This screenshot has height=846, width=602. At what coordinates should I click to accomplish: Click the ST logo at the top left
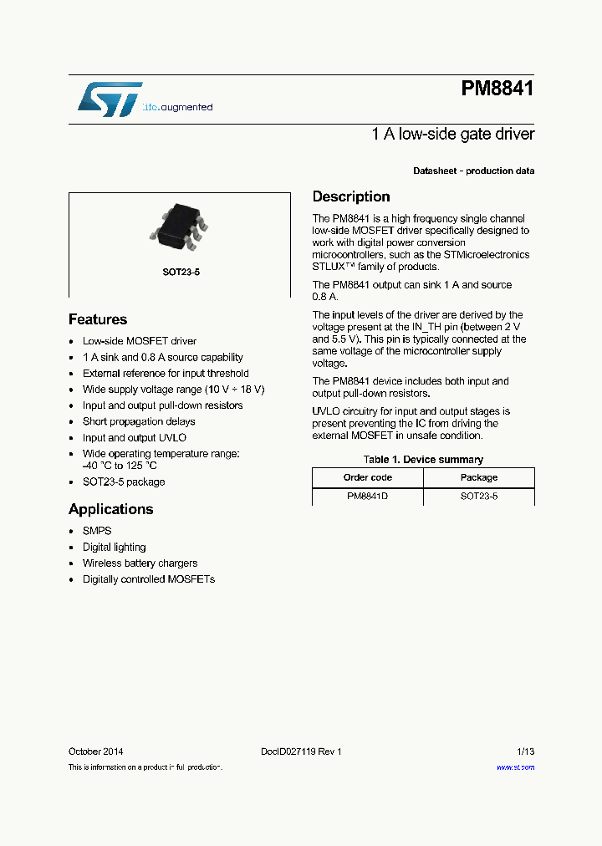pos(110,99)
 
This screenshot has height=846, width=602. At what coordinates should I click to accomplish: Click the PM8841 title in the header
pos(497,89)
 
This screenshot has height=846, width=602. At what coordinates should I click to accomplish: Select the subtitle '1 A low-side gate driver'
pos(452,134)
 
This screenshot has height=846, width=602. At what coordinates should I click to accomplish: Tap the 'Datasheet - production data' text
pos(473,171)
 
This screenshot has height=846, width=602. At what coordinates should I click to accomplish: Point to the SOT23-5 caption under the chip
pos(181,273)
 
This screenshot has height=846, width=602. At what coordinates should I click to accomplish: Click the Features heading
pos(98,319)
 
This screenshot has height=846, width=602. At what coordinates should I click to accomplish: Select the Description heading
pos(351,196)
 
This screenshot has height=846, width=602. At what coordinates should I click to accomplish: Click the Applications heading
pos(110,509)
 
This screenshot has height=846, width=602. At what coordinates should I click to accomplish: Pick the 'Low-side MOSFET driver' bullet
pos(140,341)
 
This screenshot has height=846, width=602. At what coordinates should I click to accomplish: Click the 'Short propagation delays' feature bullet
pos(139,421)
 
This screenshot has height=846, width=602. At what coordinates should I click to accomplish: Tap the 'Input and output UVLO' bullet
pos(134,437)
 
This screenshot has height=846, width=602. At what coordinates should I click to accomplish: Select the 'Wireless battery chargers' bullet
pos(140,563)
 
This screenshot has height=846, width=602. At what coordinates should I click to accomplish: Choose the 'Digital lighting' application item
pos(114,547)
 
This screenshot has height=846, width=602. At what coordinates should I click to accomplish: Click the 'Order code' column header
pos(367,477)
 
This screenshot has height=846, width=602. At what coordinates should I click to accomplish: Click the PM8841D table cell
pos(367,497)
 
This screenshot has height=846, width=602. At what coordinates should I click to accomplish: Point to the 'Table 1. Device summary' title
pos(423,459)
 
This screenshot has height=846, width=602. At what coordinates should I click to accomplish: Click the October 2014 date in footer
pos(96,752)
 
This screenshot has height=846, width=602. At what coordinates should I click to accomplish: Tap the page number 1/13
pos(524,752)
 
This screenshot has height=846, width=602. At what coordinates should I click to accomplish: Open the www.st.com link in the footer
pos(515,767)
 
